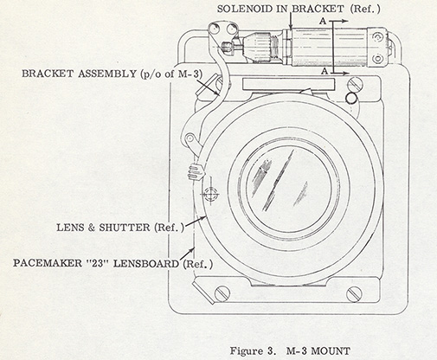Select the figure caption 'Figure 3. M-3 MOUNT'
[290, 351]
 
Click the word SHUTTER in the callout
[125, 228]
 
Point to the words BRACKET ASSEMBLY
[79, 74]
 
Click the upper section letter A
[323, 21]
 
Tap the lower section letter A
[325, 71]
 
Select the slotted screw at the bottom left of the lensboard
[222, 293]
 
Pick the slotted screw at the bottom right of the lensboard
[354, 294]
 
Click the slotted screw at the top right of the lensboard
[355, 85]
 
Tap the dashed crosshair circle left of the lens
[210, 194]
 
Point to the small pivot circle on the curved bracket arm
[190, 138]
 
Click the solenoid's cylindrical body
[329, 47]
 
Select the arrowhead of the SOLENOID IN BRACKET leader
[291, 27]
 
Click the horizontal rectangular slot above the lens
[289, 84]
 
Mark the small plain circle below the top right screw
[351, 98]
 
